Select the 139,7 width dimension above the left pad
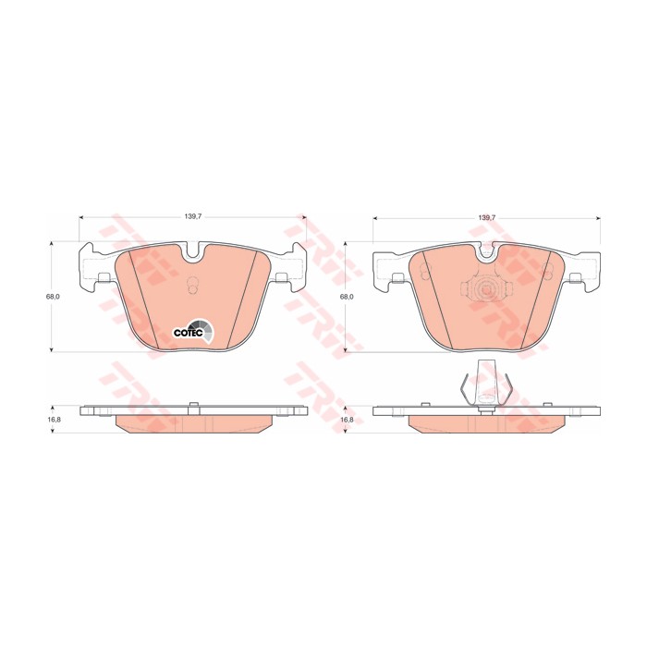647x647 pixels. (x=193, y=216)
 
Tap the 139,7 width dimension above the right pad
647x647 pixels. (x=487, y=216)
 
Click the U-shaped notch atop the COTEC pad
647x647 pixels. (x=192, y=253)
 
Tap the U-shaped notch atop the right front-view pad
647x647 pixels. (x=487, y=253)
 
